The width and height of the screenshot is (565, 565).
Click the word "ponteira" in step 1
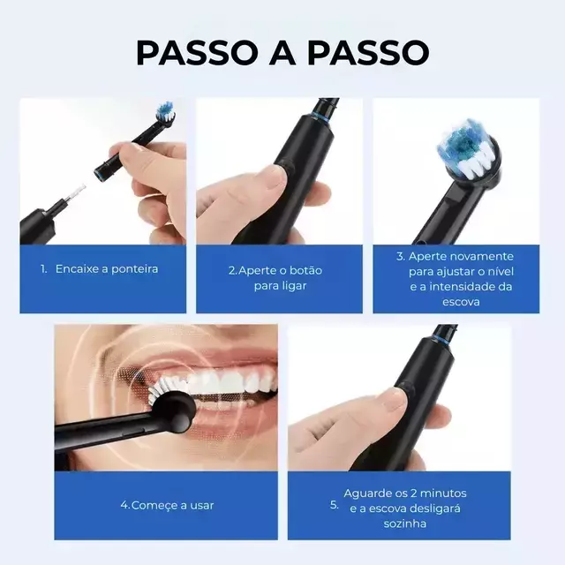pyautogui.click(x=135, y=269)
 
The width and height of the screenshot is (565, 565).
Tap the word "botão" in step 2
pyautogui.click(x=305, y=270)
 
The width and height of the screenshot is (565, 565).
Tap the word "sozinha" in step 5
pyautogui.click(x=405, y=524)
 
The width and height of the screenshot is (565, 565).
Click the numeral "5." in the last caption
pyautogui.click(x=335, y=505)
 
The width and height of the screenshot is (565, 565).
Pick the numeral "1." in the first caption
pyautogui.click(x=44, y=269)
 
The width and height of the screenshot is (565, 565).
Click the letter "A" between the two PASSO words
pyautogui.click(x=282, y=53)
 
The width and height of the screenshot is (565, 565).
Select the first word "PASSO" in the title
pyautogui.click(x=195, y=53)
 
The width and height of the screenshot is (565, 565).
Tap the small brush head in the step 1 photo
pyautogui.click(x=165, y=112)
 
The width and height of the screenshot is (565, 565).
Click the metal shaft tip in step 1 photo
pyautogui.click(x=79, y=190)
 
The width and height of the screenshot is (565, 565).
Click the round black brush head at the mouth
pyautogui.click(x=174, y=412)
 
